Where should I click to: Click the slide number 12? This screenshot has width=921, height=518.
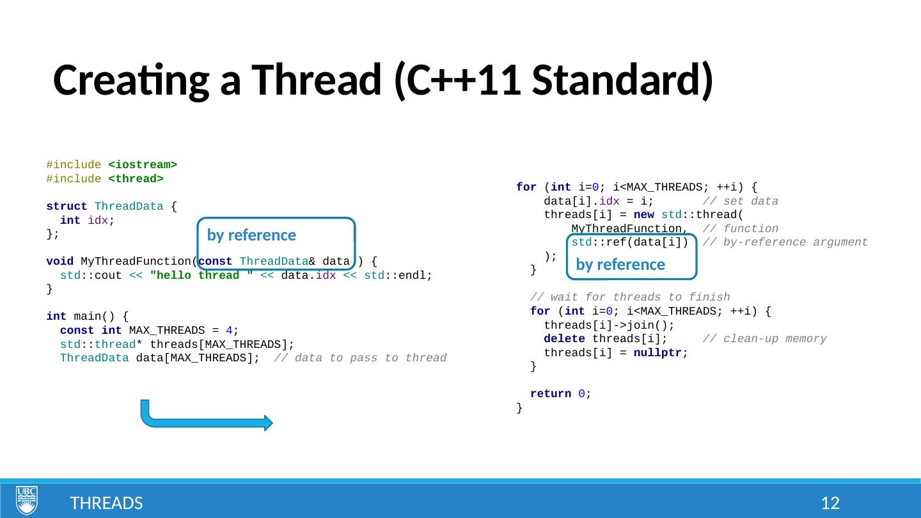pos(830,503)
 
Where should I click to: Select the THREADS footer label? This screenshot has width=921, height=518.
pos(106,503)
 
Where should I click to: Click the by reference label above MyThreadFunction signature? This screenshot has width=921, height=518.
pos(251,235)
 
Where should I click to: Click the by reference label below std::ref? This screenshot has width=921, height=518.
pos(620,265)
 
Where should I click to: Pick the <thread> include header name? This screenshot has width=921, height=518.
pos(136,178)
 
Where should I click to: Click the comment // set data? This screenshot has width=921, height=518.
pos(740,201)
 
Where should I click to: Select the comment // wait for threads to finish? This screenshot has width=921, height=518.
pos(630,297)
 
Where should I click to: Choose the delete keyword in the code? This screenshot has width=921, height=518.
pos(564,338)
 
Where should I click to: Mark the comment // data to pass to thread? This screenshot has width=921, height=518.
pos(360,357)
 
